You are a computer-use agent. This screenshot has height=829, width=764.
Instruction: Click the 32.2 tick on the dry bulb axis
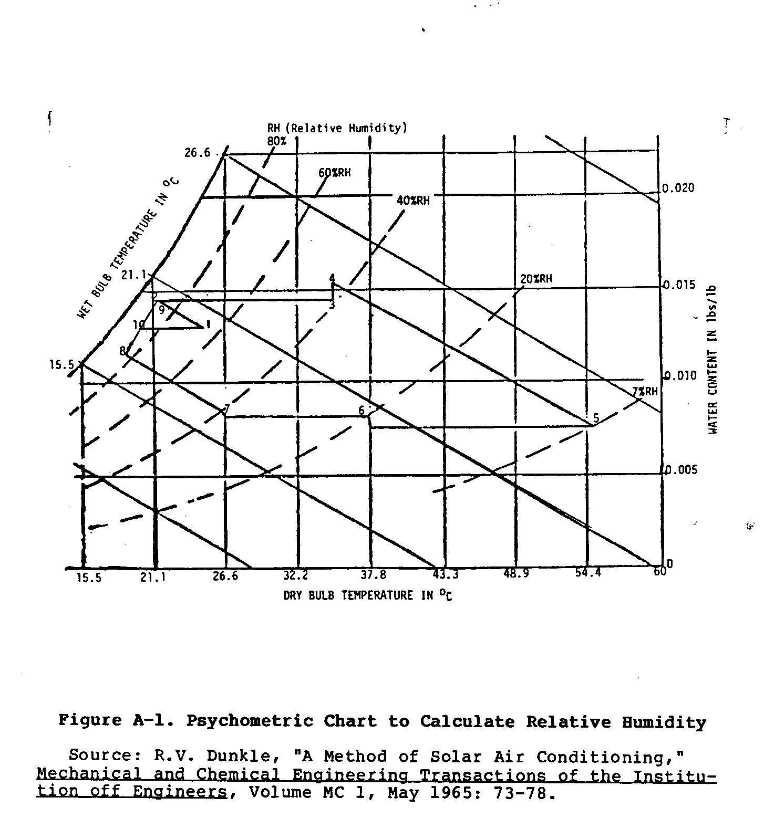[296, 575]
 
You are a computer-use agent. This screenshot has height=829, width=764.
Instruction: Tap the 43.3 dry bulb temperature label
[446, 574]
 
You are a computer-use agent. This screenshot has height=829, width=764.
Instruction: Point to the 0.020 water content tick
[678, 188]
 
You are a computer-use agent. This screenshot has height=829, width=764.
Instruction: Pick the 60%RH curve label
[334, 172]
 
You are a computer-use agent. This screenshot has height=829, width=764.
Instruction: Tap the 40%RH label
[413, 200]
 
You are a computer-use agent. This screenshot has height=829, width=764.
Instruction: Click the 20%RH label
[536, 279]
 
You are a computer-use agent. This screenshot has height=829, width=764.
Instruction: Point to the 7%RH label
[644, 392]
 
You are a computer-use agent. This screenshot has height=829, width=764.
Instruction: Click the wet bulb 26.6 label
[197, 153]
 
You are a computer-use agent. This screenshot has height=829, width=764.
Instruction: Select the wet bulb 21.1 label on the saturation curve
[134, 274]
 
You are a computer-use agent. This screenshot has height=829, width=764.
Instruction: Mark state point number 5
[595, 418]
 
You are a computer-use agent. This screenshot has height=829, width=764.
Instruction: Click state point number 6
[362, 411]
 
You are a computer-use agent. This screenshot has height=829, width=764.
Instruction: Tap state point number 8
[122, 350]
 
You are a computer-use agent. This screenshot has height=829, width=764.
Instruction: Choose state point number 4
[332, 278]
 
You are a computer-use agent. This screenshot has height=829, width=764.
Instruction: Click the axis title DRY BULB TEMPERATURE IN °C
[367, 595]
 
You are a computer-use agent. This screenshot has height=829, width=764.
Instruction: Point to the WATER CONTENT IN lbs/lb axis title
[713, 360]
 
